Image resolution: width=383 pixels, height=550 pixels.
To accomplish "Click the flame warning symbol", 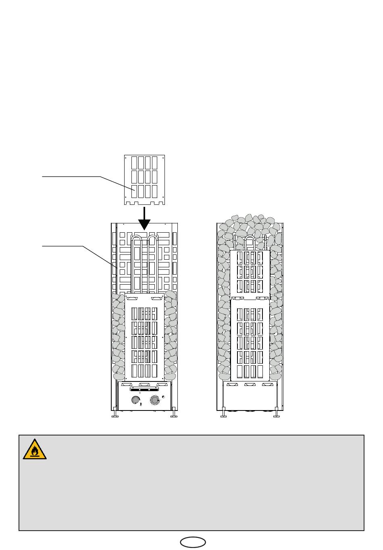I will tap(35, 449).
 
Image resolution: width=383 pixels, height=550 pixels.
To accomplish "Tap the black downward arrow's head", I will tap(144, 225).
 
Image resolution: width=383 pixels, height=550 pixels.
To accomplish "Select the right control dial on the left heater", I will tap(154, 400).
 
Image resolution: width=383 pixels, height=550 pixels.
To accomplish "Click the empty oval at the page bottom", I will tap(193, 542).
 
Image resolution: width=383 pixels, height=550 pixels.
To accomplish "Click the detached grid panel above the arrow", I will tap(144, 179).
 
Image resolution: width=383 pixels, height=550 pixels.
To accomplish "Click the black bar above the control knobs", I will tap(144, 390).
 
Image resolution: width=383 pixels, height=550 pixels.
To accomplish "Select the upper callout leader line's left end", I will tap(43, 177).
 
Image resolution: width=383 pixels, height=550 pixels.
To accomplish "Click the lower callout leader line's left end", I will tap(43, 246).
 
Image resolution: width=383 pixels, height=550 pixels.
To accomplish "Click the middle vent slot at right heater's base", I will tap(250, 385).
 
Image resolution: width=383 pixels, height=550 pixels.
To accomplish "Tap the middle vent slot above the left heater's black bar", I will tap(144, 385).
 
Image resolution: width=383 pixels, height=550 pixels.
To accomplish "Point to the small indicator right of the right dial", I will tap(163, 397).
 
